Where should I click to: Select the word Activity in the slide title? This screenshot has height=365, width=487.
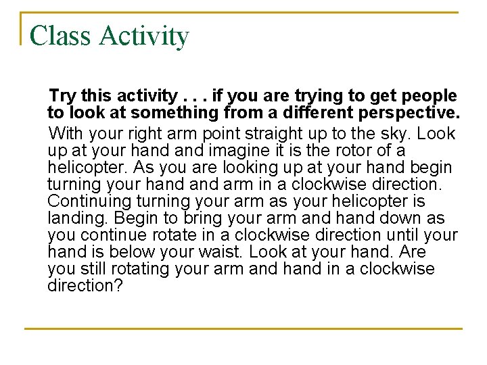coord(144,36)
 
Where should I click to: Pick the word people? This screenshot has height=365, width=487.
coord(426,97)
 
